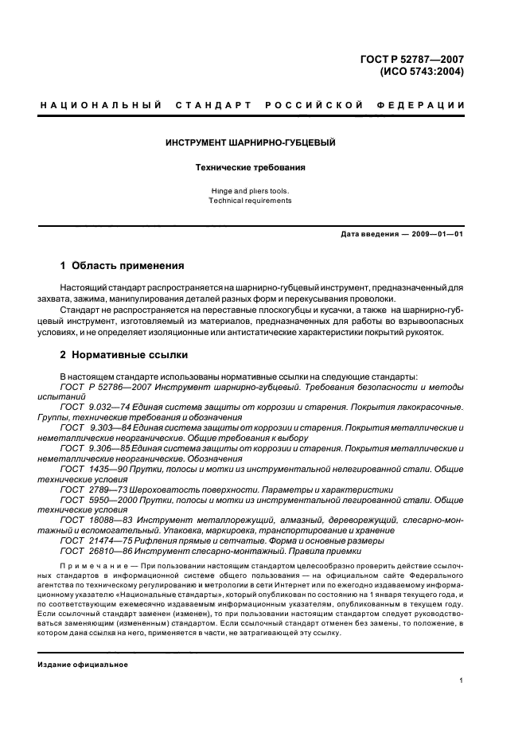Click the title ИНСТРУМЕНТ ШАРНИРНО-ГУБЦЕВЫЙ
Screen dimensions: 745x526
[250, 143]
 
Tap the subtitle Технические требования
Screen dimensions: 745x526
[250, 168]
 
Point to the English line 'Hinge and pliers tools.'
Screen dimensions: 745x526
[250, 191]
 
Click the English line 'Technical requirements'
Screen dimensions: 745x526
[250, 201]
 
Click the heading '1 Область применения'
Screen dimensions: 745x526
[123, 266]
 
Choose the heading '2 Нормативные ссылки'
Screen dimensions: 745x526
[124, 355]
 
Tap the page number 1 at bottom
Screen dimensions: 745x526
[462, 681]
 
